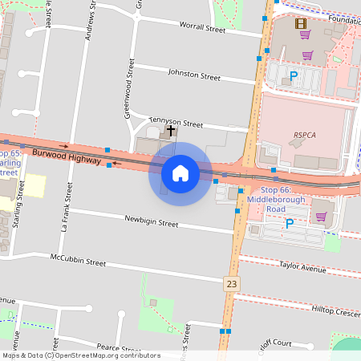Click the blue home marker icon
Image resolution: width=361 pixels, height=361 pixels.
click(x=180, y=173)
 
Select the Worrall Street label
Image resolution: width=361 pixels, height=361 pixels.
click(x=203, y=28)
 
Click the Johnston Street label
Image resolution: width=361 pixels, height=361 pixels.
click(x=193, y=77)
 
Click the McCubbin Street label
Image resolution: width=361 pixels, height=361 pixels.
click(x=78, y=262)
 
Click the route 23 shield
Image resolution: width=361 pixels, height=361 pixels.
click(x=232, y=283)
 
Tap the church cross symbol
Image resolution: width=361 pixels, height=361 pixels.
click(x=171, y=130)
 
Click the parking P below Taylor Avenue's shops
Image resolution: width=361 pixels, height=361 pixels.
click(x=289, y=224)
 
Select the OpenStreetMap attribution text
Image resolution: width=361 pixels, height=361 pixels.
click(x=81, y=355)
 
